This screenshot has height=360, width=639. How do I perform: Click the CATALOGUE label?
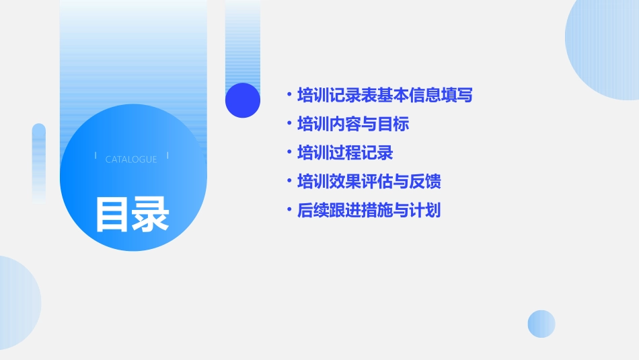pyautogui.click(x=131, y=159)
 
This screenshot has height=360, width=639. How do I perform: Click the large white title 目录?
pyautogui.click(x=131, y=215)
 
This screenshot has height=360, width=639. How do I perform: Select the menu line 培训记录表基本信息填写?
pyautogui.click(x=385, y=96)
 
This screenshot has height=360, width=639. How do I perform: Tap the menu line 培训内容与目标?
pyautogui.click(x=352, y=124)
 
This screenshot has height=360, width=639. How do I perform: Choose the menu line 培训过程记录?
pyautogui.click(x=344, y=153)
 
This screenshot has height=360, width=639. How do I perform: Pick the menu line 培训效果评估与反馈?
pyautogui.click(x=369, y=182)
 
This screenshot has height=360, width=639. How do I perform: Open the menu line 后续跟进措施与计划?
pyautogui.click(x=369, y=211)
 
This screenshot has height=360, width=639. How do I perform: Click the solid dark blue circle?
pyautogui.click(x=243, y=100)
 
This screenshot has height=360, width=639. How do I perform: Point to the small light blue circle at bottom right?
pyautogui.click(x=541, y=324)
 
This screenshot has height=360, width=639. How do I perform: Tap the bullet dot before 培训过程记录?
pyautogui.click(x=289, y=153)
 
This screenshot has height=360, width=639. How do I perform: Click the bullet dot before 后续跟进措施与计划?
pyautogui.click(x=289, y=211)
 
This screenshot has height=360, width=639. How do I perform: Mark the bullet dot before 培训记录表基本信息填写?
pyautogui.click(x=289, y=96)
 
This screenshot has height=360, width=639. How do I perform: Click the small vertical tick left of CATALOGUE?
pyautogui.click(x=96, y=156)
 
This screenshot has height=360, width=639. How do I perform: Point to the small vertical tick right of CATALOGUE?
pyautogui.click(x=167, y=156)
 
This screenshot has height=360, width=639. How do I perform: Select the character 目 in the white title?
pyautogui.click(x=112, y=215)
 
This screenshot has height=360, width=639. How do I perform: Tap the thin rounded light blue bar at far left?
pyautogui.click(x=39, y=161)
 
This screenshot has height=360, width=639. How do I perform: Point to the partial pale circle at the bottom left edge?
pyautogui.click(x=17, y=303)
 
